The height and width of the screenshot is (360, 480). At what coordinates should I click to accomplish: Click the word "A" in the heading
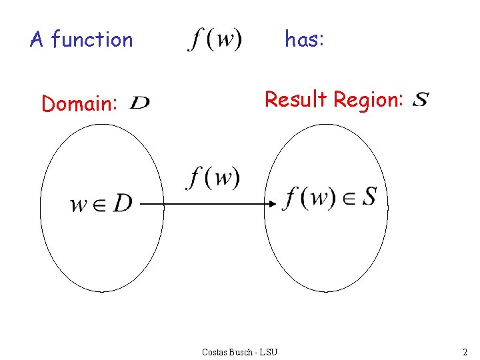pos(37,40)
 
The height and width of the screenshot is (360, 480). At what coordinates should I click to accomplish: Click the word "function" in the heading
pos(92,40)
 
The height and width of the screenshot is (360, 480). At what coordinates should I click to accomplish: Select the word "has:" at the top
pos(305,40)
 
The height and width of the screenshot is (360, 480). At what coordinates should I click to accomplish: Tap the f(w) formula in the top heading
pos(215,40)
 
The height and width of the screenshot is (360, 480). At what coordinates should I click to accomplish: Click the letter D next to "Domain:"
pos(140,103)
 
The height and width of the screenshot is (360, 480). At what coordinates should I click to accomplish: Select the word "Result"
pos(297,100)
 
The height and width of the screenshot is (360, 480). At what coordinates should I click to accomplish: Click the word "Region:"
pos(369,100)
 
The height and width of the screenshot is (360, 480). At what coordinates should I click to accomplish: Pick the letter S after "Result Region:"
pos(421,100)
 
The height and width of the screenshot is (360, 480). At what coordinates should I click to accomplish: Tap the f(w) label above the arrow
pos(213,178)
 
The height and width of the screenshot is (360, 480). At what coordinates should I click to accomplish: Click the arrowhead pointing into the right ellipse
pos(273,204)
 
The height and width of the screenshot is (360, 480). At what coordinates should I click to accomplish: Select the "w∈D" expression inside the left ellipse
pos(101,203)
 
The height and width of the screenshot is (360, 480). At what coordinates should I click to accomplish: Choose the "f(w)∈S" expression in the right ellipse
pos(330,198)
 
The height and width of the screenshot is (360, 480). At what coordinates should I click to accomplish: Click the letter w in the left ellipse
pos(79,205)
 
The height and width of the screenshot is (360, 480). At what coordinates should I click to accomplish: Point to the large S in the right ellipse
pos(369,197)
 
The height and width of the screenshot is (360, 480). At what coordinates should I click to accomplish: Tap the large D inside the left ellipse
pos(122,203)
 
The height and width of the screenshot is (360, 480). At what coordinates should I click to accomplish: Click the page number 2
pos(465,351)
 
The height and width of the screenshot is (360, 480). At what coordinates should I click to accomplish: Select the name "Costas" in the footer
pos(215,351)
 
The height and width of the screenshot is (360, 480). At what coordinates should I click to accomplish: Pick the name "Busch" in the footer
pos(241,351)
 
